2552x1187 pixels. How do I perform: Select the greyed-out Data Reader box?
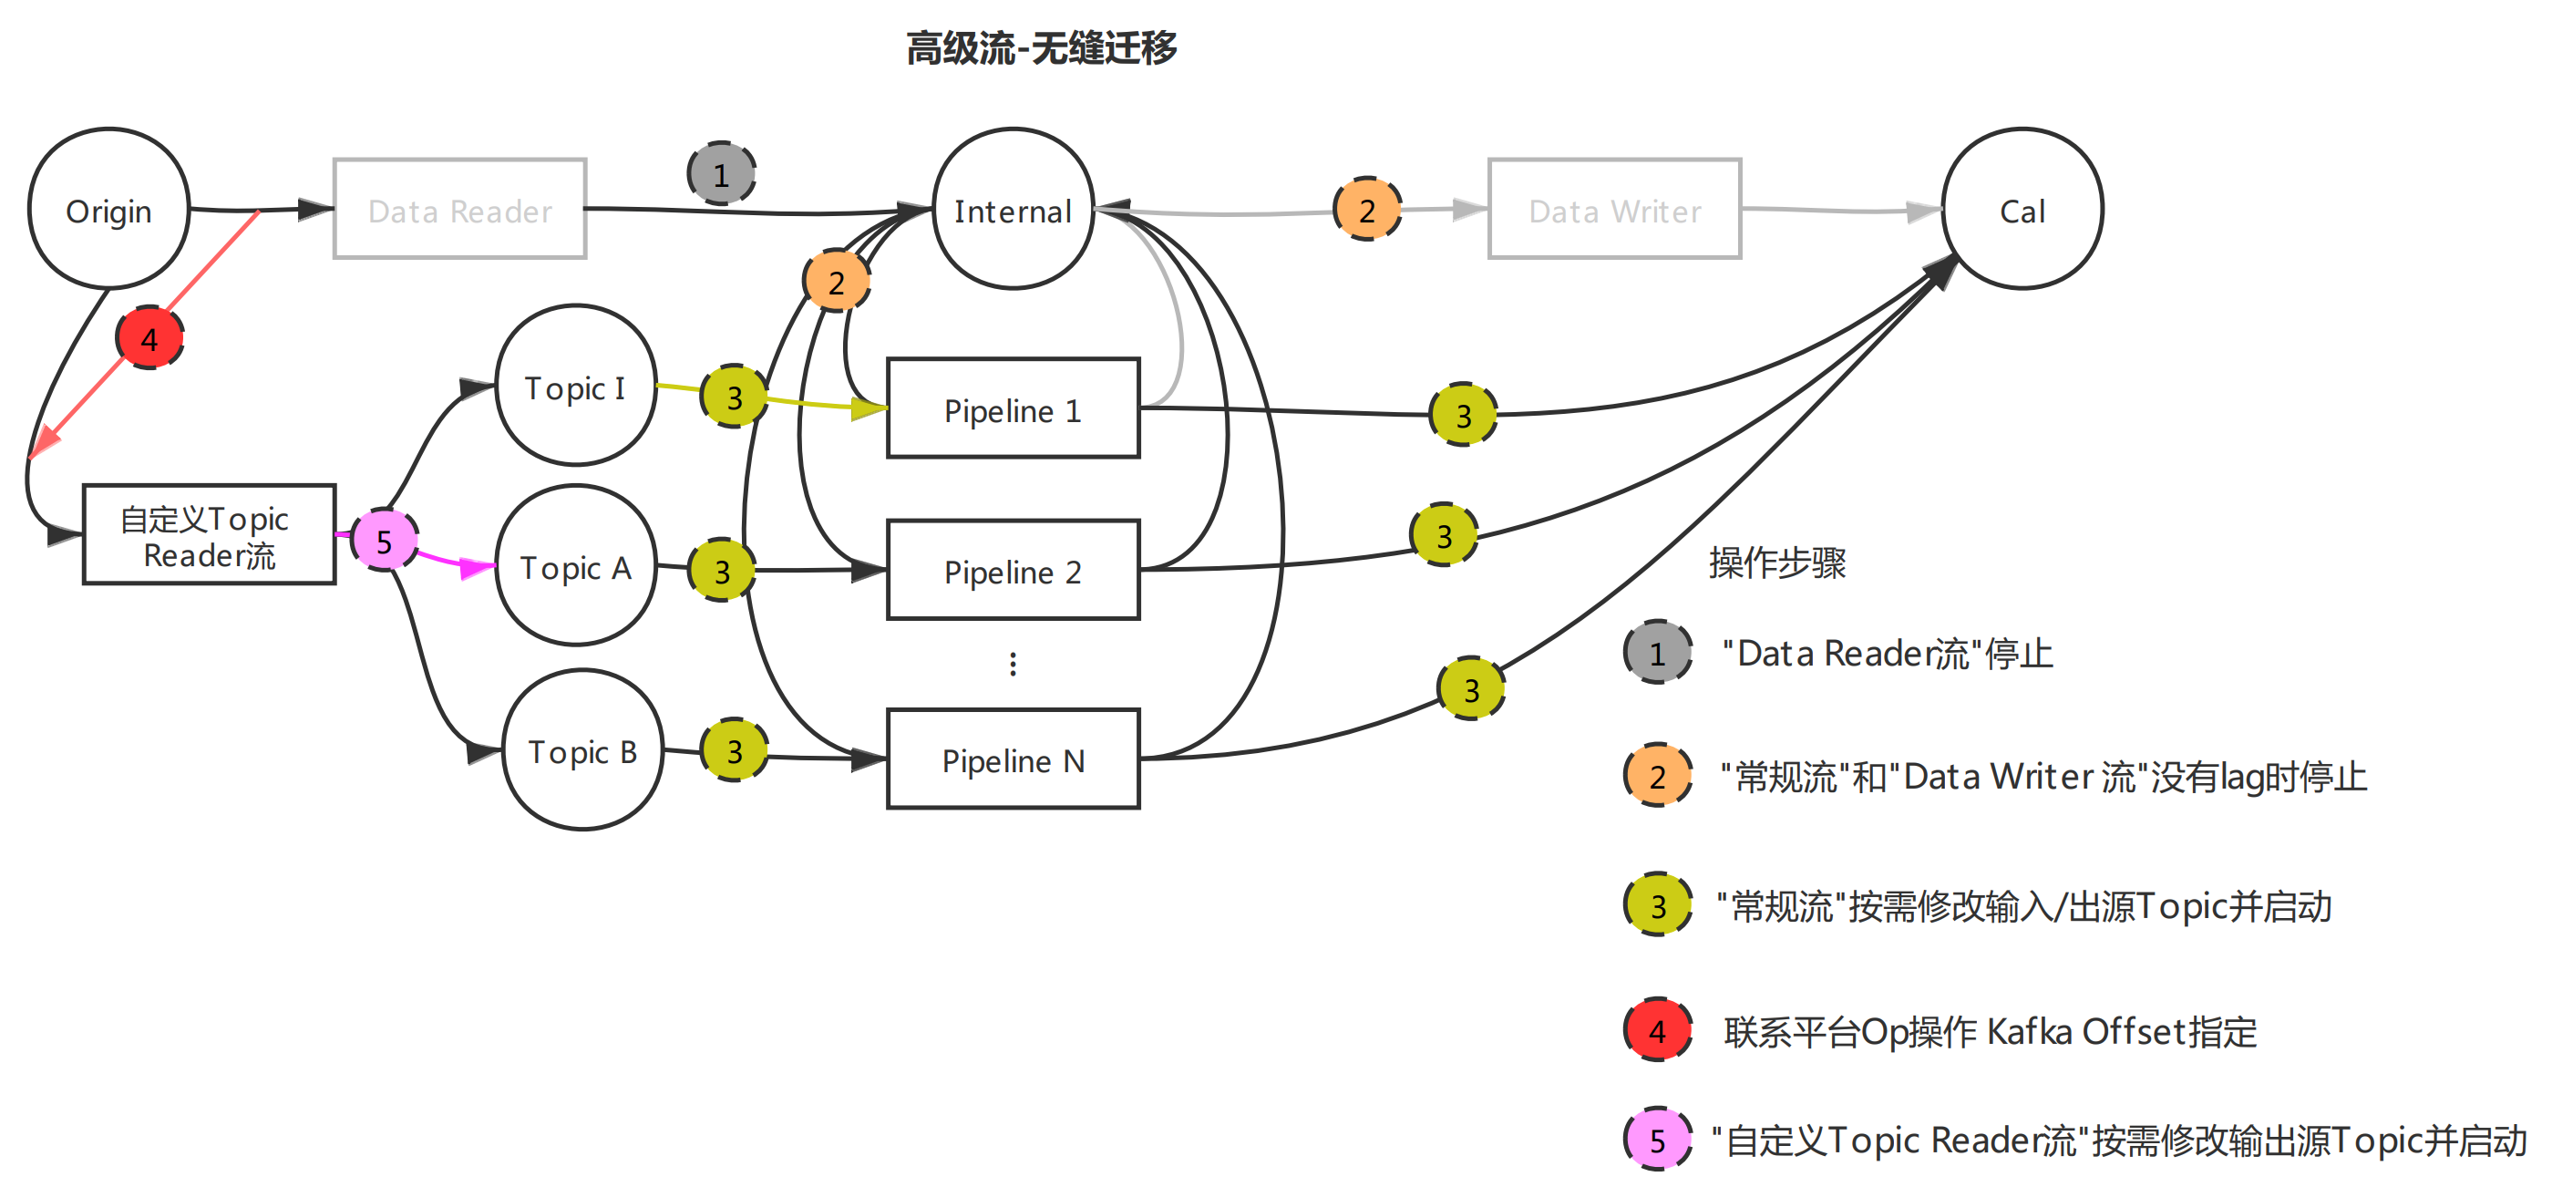pyautogui.click(x=459, y=209)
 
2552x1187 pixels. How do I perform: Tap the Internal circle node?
pyautogui.click(x=1013, y=209)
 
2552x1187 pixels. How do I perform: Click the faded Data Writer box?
pyautogui.click(x=1614, y=209)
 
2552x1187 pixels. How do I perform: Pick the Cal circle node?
pyautogui.click(x=2021, y=209)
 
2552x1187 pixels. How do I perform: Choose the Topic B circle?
pyautogui.click(x=581, y=750)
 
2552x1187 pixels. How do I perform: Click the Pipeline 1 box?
pyautogui.click(x=1013, y=408)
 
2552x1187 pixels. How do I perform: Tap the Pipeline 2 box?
pyautogui.click(x=1013, y=570)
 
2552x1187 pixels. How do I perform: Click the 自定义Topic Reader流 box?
pyautogui.click(x=208, y=535)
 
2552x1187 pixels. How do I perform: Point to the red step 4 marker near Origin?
pyautogui.click(x=149, y=338)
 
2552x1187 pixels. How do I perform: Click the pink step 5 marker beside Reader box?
pyautogui.click(x=385, y=540)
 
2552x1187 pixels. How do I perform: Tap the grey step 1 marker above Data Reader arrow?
pyautogui.click(x=721, y=174)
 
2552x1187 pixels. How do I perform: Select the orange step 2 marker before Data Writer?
pyautogui.click(x=1367, y=209)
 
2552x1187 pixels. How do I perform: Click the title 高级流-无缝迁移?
pyautogui.click(x=1041, y=47)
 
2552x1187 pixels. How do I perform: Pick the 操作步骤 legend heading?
pyautogui.click(x=1777, y=563)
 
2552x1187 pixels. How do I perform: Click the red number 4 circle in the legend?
pyautogui.click(x=1657, y=1030)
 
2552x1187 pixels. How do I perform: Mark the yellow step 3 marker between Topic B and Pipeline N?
pyautogui.click(x=734, y=750)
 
